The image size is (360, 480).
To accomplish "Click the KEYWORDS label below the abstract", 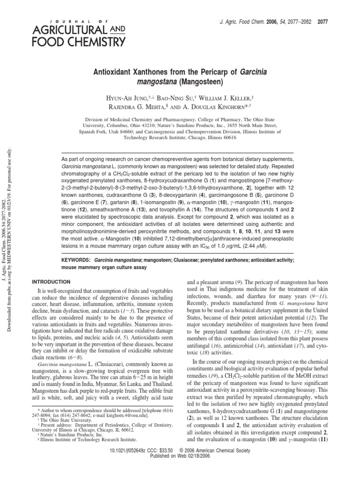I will (x=76, y=258).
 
